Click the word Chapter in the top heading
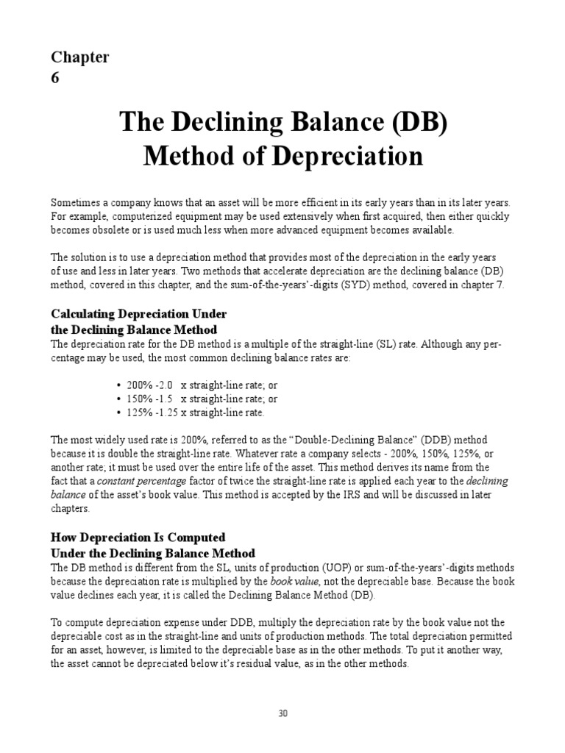click(80, 57)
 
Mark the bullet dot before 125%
click(118, 412)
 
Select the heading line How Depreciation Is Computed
click(138, 538)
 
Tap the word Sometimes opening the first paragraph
click(75, 202)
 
